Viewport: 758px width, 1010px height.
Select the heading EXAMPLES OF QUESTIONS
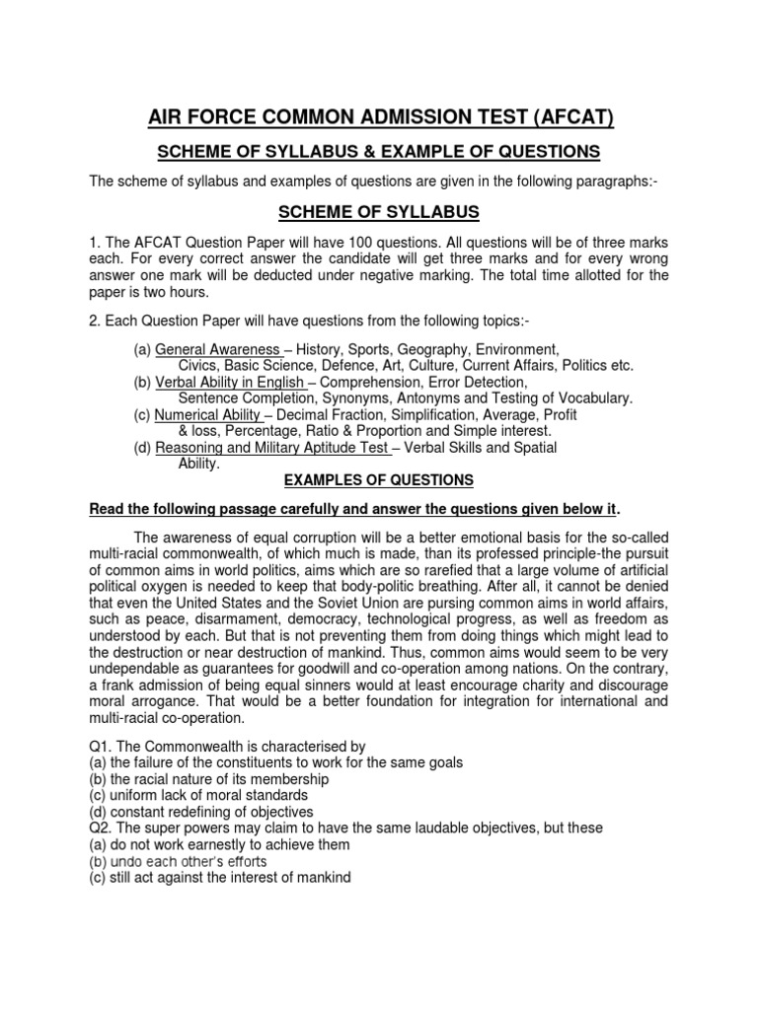[378, 480]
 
